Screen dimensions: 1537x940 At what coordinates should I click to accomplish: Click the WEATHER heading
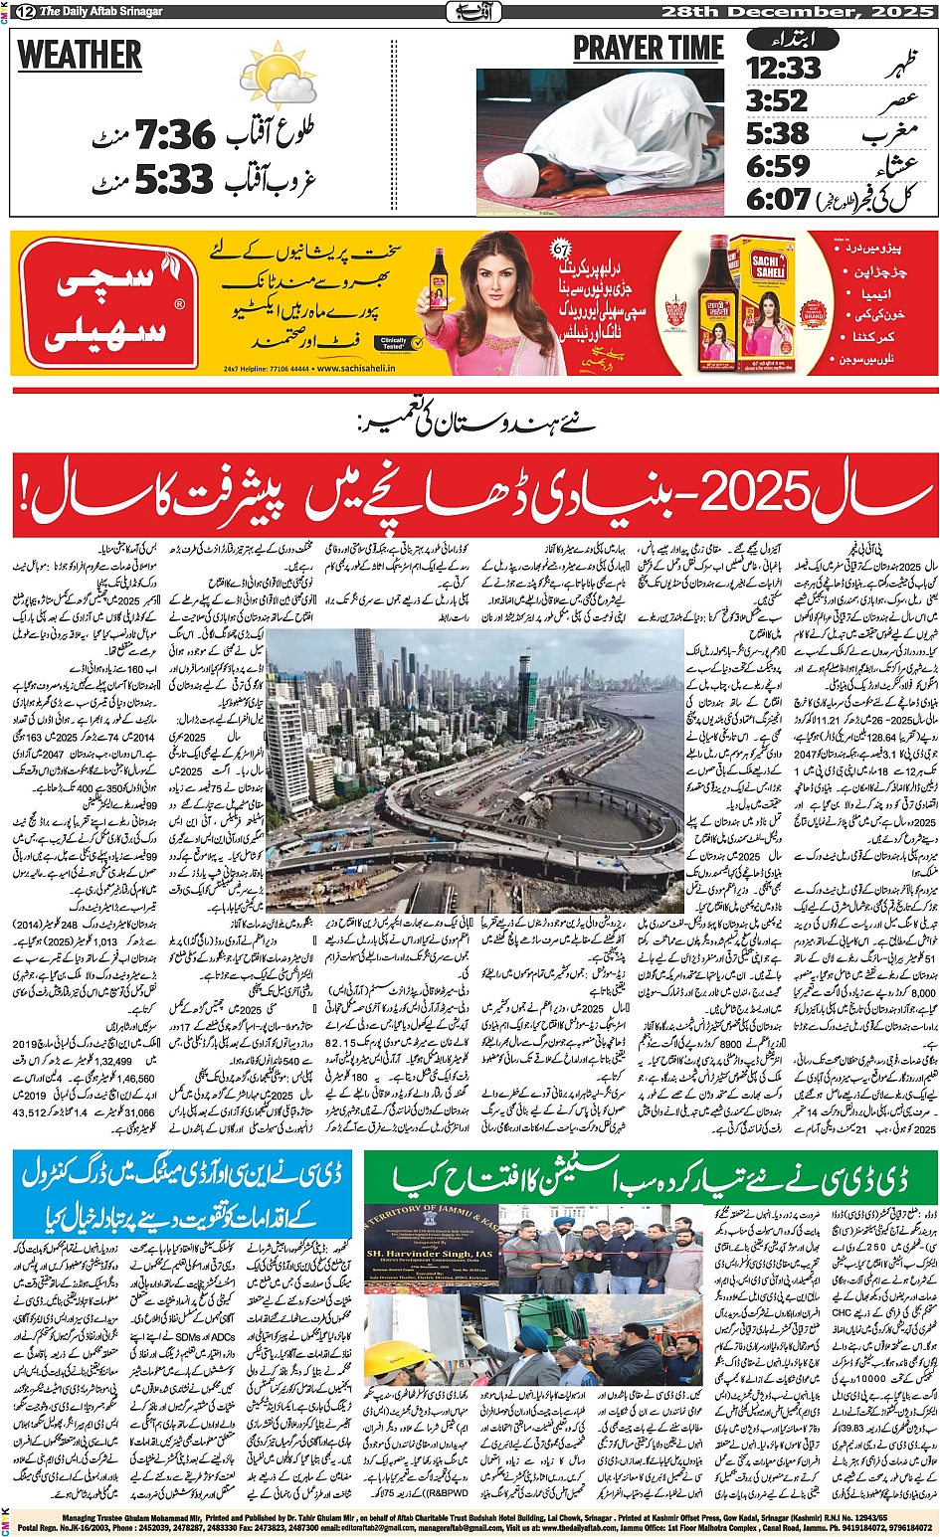[80, 55]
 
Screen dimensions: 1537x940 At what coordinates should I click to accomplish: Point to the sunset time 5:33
[173, 181]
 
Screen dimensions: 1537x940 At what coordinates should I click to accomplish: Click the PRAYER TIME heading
[648, 48]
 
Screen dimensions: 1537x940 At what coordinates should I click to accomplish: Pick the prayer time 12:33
[784, 68]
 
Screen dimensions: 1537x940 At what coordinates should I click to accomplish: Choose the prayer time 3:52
[777, 100]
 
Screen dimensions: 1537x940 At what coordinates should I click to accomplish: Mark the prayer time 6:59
[777, 166]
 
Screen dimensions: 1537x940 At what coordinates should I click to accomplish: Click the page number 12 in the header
[23, 12]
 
